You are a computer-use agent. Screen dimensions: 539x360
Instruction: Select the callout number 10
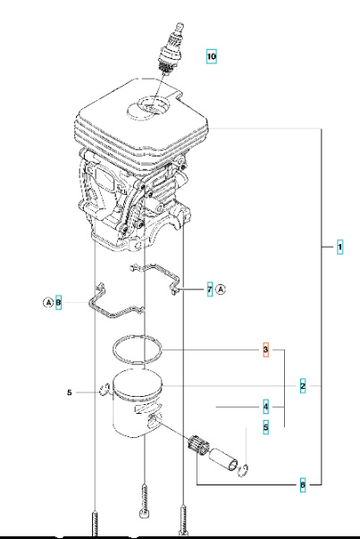[x=211, y=56]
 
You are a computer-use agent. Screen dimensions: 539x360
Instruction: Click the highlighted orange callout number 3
[x=265, y=348]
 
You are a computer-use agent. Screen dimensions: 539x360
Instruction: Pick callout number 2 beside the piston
[x=304, y=386]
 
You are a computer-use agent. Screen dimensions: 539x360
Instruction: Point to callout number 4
[x=265, y=407]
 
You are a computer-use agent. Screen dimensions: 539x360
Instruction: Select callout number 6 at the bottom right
[x=304, y=484]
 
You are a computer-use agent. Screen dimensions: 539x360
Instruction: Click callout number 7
[x=209, y=290]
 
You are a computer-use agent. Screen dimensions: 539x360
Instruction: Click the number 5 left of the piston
[x=69, y=392]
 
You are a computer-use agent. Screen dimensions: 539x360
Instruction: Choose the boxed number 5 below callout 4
[x=265, y=427]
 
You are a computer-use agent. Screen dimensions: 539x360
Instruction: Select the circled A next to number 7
[x=222, y=290]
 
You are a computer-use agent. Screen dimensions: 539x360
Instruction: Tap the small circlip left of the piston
[x=104, y=389]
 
